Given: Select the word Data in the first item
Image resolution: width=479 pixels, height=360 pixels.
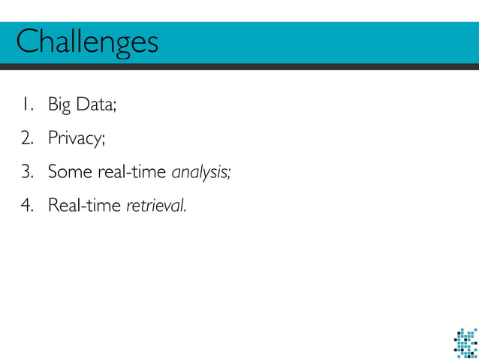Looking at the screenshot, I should coord(95,104).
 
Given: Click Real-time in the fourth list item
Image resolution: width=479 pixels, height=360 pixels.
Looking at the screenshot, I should coord(84,204).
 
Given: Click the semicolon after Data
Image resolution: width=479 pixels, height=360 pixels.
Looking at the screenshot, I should coord(115,107).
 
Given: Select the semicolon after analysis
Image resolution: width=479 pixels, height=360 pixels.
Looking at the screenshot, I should coord(228,174).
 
